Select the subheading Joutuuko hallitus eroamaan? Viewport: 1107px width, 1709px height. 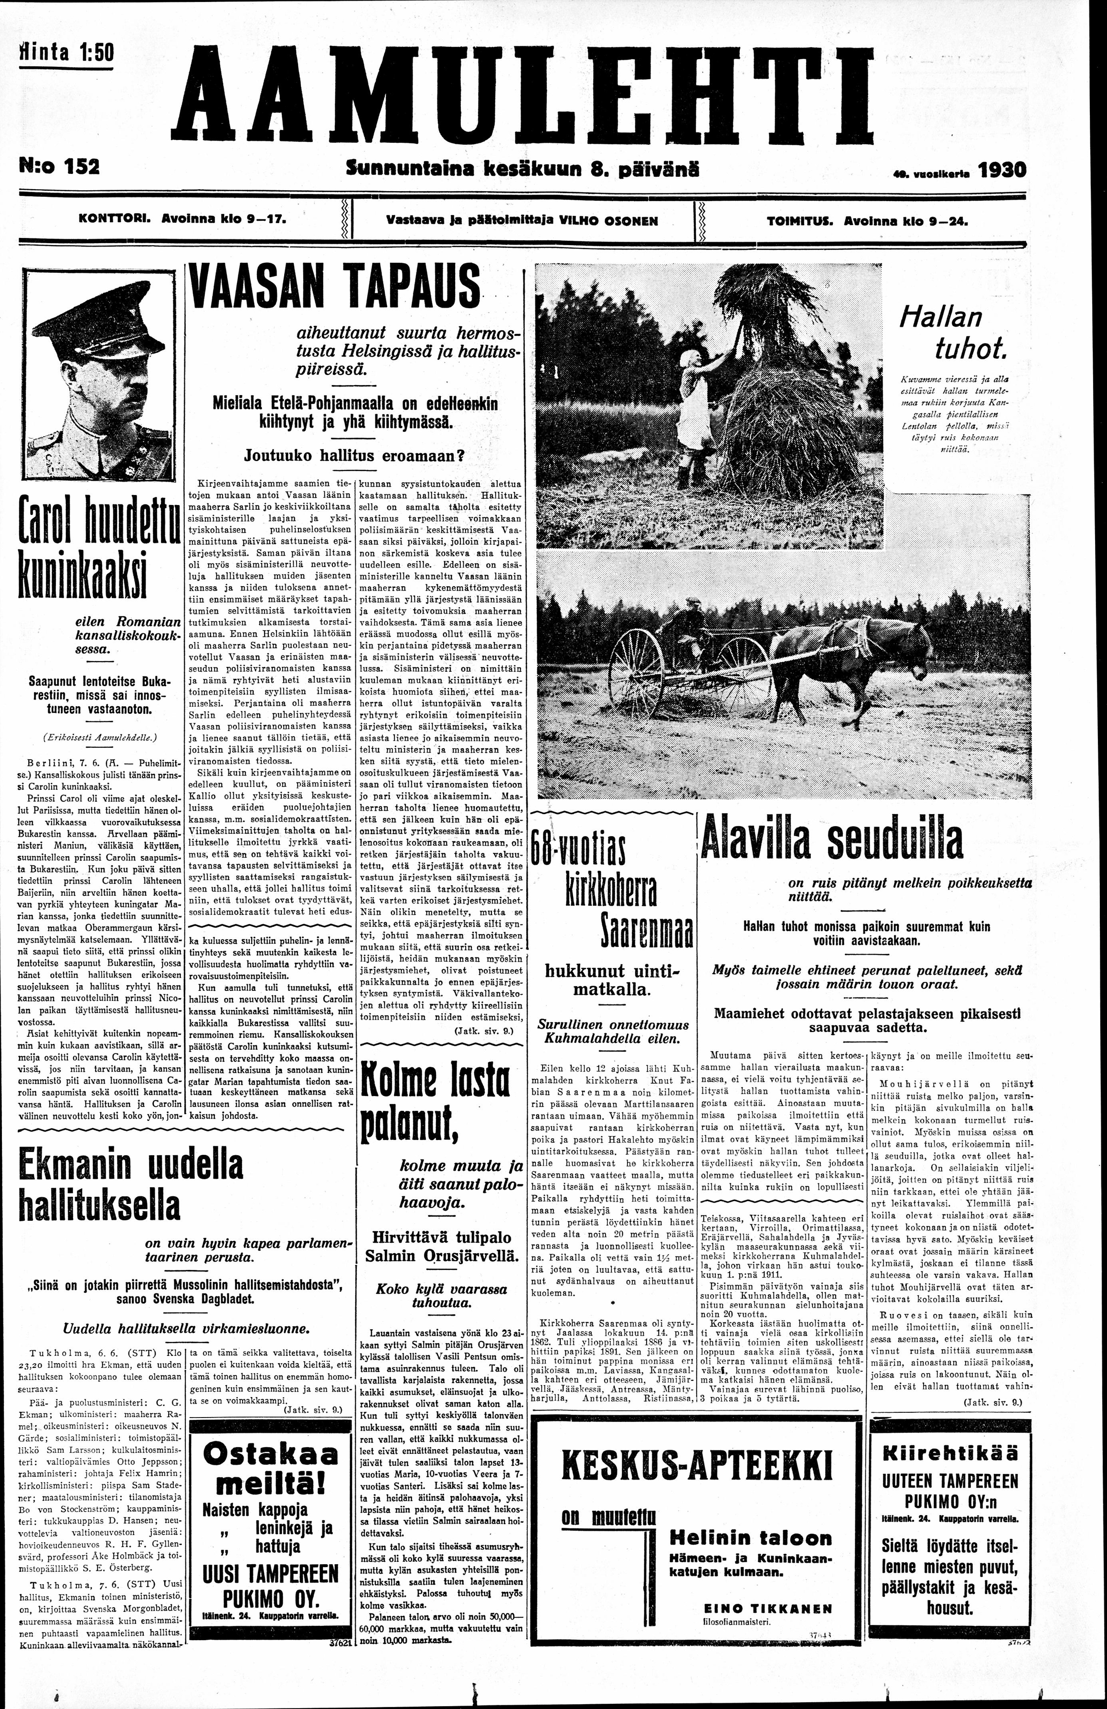pyautogui.click(x=355, y=455)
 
